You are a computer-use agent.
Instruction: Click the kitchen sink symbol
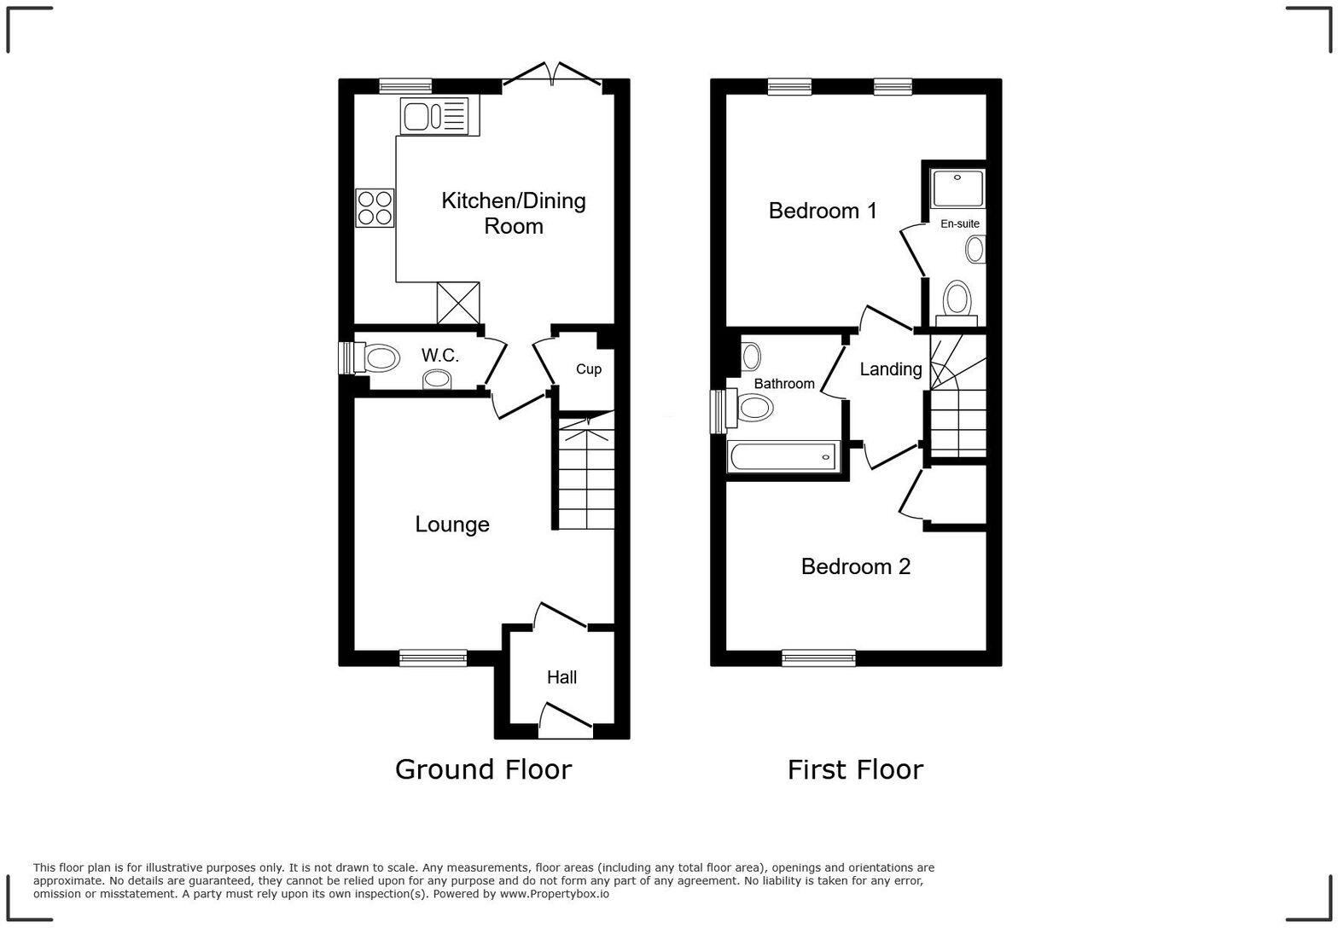435,115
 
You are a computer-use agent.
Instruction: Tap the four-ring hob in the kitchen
375,208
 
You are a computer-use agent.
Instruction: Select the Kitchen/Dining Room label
513,213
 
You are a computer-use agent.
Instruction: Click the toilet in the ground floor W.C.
380,358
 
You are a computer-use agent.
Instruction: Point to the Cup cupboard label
588,369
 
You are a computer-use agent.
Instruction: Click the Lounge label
452,525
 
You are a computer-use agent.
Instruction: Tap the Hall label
561,677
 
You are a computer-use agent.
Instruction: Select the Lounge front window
433,657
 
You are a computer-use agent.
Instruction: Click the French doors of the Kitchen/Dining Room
552,77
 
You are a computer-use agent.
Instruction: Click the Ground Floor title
483,769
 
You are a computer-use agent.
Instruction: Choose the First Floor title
855,769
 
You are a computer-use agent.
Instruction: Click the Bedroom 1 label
823,211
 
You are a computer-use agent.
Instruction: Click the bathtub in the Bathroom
782,456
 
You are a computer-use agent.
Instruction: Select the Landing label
890,369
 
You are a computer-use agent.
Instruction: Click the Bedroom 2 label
855,566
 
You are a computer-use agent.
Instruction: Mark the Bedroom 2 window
818,657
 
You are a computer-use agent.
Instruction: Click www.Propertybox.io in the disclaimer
554,894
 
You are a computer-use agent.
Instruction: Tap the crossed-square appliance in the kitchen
458,303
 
